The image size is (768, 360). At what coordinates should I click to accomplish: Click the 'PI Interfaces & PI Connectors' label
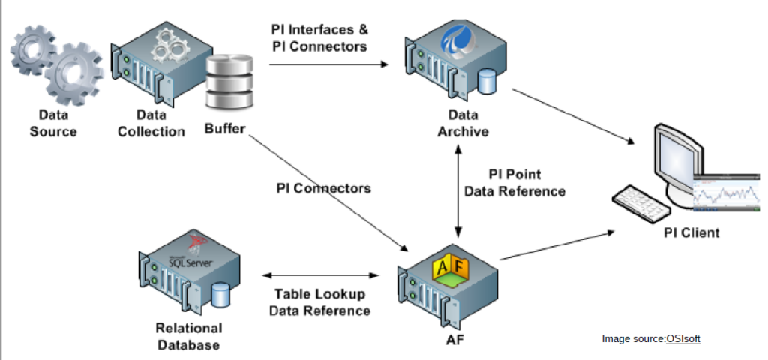tap(319, 38)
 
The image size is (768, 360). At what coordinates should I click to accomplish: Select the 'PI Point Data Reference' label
tap(514, 183)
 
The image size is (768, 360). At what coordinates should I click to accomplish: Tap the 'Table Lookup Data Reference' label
tap(320, 302)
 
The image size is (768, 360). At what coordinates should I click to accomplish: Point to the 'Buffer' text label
tap(225, 129)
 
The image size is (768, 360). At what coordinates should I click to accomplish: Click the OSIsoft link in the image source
tap(682, 339)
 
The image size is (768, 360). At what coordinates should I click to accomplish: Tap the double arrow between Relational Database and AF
tap(321, 276)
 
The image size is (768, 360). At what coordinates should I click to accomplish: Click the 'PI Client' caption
tap(691, 232)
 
